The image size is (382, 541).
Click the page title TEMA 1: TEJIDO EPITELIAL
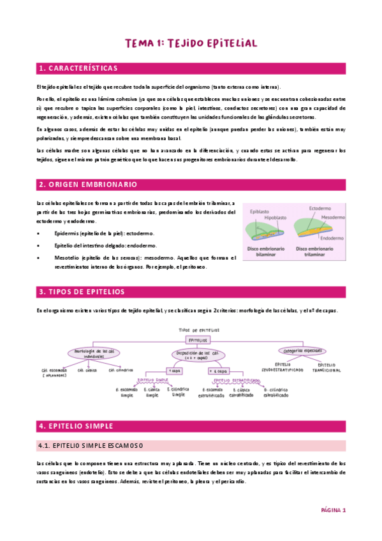[191, 43]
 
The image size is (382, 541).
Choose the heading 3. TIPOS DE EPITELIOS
[81, 292]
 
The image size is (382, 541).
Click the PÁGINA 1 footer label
[332, 510]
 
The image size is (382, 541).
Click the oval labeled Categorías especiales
[303, 350]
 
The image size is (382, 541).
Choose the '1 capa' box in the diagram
[173, 370]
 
